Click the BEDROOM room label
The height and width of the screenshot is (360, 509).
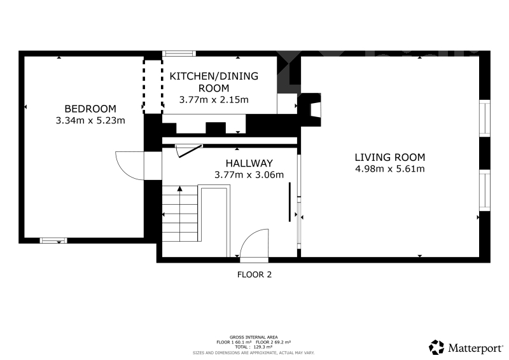pyautogui.click(x=90, y=108)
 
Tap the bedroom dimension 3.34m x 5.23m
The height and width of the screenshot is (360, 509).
pyautogui.click(x=90, y=120)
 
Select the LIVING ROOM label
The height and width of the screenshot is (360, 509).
pyautogui.click(x=389, y=157)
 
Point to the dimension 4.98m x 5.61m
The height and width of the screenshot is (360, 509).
pyautogui.click(x=389, y=169)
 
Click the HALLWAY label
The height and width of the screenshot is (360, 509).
pyautogui.click(x=249, y=163)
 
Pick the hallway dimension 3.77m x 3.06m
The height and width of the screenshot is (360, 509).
pyautogui.click(x=249, y=175)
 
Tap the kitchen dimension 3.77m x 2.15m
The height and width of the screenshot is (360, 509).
pyautogui.click(x=214, y=100)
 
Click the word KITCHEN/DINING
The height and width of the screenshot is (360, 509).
pyautogui.click(x=214, y=76)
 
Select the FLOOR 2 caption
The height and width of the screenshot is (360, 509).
pyautogui.click(x=254, y=275)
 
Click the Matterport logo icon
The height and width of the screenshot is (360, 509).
pyautogui.click(x=436, y=347)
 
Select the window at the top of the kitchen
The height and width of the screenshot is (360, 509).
pyautogui.click(x=179, y=53)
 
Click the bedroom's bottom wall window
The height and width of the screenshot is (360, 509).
pyautogui.click(x=53, y=240)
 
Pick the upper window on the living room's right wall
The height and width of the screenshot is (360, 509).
pyautogui.click(x=485, y=118)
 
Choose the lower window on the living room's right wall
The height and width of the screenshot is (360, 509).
pyautogui.click(x=485, y=190)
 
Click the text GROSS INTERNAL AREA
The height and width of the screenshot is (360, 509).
pyautogui.click(x=253, y=337)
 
